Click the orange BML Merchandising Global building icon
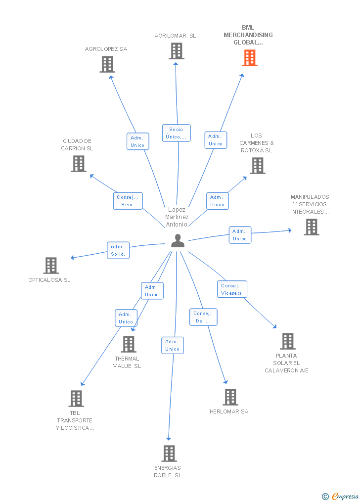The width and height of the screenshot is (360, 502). tap(250, 58)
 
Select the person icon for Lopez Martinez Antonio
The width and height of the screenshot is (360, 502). tap(178, 241)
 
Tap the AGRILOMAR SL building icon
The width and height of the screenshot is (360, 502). tap(177, 51)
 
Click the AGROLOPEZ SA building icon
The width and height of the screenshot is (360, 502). tap(107, 64)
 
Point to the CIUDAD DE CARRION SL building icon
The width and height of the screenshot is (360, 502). tap(79, 164)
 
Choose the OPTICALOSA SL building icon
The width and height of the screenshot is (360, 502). tap(51, 266)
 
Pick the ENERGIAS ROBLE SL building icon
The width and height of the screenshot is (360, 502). tap(169, 453)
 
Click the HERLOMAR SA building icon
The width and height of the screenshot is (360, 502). tap(230, 397)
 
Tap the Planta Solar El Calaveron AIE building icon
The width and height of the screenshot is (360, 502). tap(288, 341)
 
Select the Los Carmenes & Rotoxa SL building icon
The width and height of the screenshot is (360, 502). tap(258, 166)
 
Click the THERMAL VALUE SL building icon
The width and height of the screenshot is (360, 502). tap(129, 344)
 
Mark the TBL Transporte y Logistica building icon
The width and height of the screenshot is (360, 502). tap(76, 398)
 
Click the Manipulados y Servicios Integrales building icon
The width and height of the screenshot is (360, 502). tap(312, 227)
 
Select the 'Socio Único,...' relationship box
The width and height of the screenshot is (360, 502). tap(176, 133)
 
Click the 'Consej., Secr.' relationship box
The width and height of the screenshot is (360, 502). tap(128, 201)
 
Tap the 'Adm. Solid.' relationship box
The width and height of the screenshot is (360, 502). tap(118, 250)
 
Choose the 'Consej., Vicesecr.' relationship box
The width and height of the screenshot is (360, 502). tap(232, 289)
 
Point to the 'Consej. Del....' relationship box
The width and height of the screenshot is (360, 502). tap(203, 317)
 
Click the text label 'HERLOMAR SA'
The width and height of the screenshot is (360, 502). tap(229, 411)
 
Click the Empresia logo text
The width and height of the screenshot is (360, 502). tap(345, 496)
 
